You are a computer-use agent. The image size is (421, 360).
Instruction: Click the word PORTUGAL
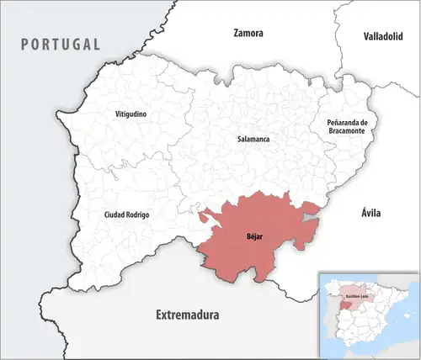[x=61, y=44]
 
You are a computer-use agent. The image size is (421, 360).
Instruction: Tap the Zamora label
[x=248, y=34]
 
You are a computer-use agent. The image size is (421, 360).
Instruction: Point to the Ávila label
[x=370, y=213]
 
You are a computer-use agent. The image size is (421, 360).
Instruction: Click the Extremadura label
[x=187, y=315]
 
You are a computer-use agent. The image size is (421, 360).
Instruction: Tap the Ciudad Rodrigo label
[x=126, y=215]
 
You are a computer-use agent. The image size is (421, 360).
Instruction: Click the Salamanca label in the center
[x=253, y=138]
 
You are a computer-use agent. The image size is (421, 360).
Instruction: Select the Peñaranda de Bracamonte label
[x=348, y=128]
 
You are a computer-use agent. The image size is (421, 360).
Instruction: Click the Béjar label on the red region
[x=254, y=237]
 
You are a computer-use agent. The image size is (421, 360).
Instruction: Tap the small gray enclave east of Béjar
[x=312, y=216]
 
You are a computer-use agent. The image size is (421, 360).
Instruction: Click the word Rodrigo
[x=137, y=215]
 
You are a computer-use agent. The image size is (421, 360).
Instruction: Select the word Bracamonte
[x=348, y=133]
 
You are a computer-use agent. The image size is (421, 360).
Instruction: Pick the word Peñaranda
[x=343, y=123]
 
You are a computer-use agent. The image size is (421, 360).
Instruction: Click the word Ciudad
[x=114, y=215]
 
